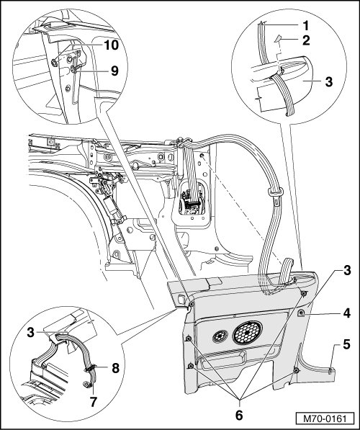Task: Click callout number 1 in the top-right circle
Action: pos(305,25)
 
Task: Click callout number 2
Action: pos(306,40)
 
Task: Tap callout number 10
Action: pos(110,45)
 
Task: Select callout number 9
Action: pos(114,71)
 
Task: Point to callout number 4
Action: pos(346,313)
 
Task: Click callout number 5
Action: pos(346,344)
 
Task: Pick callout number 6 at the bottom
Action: pos(239,415)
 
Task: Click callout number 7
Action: pos(93,402)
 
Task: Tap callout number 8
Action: pos(115,369)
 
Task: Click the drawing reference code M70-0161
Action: pos(325,418)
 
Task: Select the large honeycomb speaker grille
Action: pos(247,332)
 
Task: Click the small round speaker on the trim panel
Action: pos(220,336)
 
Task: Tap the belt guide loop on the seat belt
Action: pos(276,190)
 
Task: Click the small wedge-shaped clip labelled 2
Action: pos(278,39)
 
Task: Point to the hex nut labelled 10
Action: pos(54,63)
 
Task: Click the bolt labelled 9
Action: pos(74,70)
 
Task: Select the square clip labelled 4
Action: pos(302,313)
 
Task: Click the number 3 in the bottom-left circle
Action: pos(31,333)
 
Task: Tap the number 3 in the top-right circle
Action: pos(329,81)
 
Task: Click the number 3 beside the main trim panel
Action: pos(347,270)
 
